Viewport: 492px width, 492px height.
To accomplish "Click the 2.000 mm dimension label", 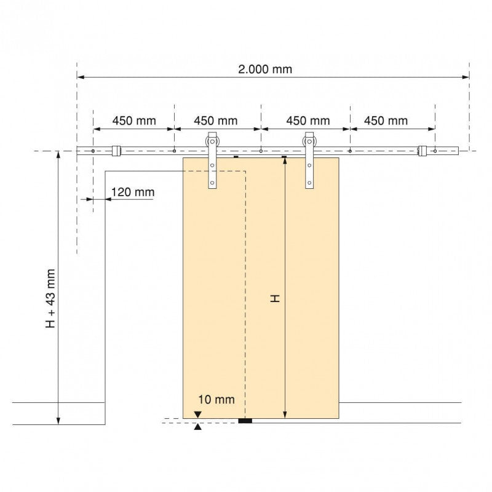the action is tap(265, 69).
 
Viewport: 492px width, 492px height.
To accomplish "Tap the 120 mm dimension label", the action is tap(133, 192).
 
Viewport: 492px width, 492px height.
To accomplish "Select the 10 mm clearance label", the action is tap(216, 399).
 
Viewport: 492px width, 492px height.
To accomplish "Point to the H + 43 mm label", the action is tap(50, 299).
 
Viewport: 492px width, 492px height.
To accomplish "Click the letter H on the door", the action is tap(275, 298).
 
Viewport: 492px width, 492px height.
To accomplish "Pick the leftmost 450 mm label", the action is tap(134, 121).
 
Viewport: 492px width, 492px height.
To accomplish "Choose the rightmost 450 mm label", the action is tap(386, 121).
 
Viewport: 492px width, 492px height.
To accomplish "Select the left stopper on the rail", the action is tap(116, 151).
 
